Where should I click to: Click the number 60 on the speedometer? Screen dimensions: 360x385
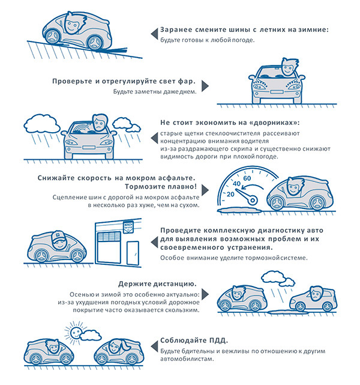coord(247,178)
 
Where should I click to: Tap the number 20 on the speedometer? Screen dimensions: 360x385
coord(230,194)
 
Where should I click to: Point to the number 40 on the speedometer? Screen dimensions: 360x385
coord(236,183)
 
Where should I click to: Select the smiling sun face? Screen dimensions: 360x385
coord(75,333)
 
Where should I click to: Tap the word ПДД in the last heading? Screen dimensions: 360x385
coord(218,341)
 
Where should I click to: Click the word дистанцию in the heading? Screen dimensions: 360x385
coord(175,284)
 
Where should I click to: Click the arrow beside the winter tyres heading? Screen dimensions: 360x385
coord(154,34)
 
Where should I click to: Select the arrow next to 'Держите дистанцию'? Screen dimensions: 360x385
coord(205,294)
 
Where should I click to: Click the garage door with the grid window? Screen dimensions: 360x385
coord(109,247)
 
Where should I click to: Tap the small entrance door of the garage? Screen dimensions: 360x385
coord(133,253)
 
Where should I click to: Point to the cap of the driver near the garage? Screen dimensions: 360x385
coord(58,235)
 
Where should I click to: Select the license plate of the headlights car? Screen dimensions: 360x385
coord(277,92)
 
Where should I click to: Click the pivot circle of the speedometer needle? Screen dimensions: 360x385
coord(252,201)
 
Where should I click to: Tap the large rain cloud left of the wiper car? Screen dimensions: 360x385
coord(42,124)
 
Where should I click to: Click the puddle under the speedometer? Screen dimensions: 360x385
coord(239,210)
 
